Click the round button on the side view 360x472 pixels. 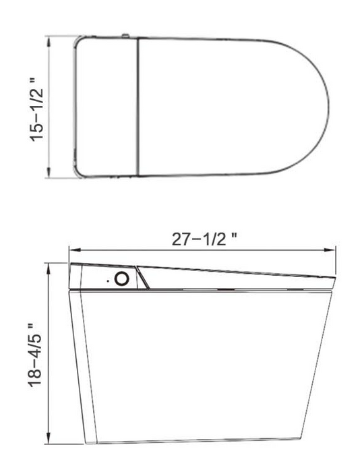(x=122, y=278)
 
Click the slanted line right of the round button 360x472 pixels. (x=143, y=276)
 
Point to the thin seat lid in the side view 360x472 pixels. (x=236, y=275)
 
